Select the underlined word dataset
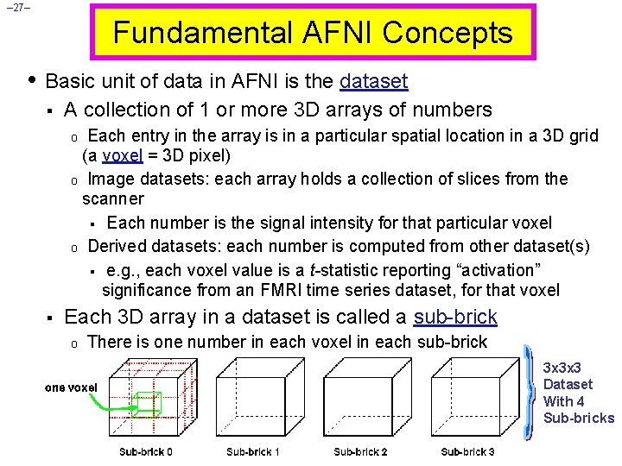(374, 82)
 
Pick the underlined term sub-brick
(456, 317)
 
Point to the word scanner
(113, 200)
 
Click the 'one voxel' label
(71, 387)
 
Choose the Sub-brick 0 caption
(146, 452)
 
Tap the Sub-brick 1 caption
(253, 452)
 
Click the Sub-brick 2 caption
(360, 452)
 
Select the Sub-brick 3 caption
(467, 452)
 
